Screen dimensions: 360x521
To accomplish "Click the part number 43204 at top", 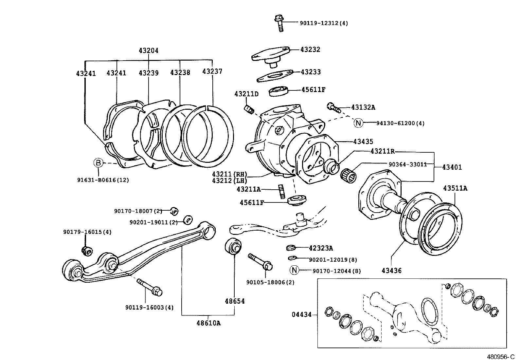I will tap(148, 51).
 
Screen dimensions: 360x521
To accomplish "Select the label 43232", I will tap(310, 49).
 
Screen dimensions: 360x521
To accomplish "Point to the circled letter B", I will tap(98, 162).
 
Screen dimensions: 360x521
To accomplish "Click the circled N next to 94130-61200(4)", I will tap(359, 123).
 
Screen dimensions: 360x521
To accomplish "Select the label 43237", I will tap(212, 71).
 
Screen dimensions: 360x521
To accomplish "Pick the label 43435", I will tap(363, 142).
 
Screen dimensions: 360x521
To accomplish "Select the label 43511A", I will tap(455, 188).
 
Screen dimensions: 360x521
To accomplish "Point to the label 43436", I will tap(391, 271).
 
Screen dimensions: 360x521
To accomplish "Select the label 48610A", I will tap(208, 323).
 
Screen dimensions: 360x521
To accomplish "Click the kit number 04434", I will tap(301, 315).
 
